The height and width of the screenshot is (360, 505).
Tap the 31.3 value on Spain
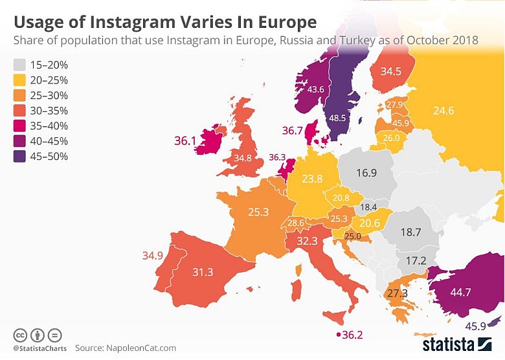(203, 272)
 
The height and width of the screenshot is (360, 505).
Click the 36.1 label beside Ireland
(185, 140)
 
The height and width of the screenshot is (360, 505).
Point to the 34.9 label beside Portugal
(153, 256)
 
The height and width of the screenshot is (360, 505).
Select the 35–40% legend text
(50, 126)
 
